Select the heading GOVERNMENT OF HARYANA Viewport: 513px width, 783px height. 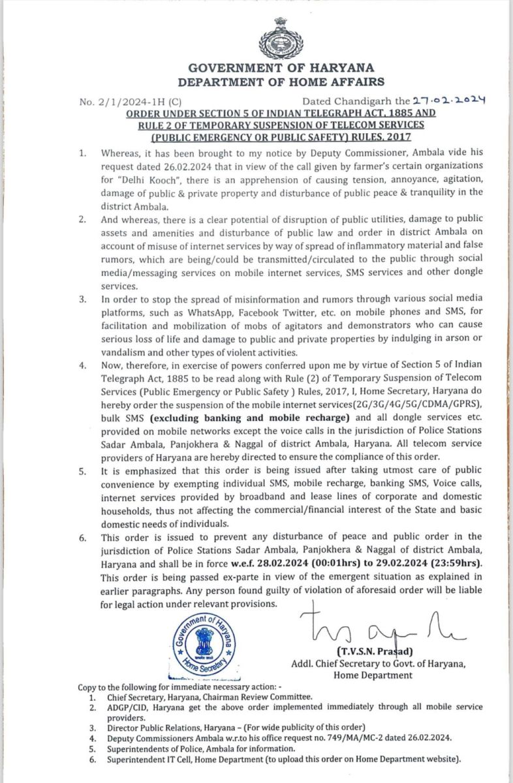point(281,68)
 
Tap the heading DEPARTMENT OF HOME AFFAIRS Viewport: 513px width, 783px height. point(281,82)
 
